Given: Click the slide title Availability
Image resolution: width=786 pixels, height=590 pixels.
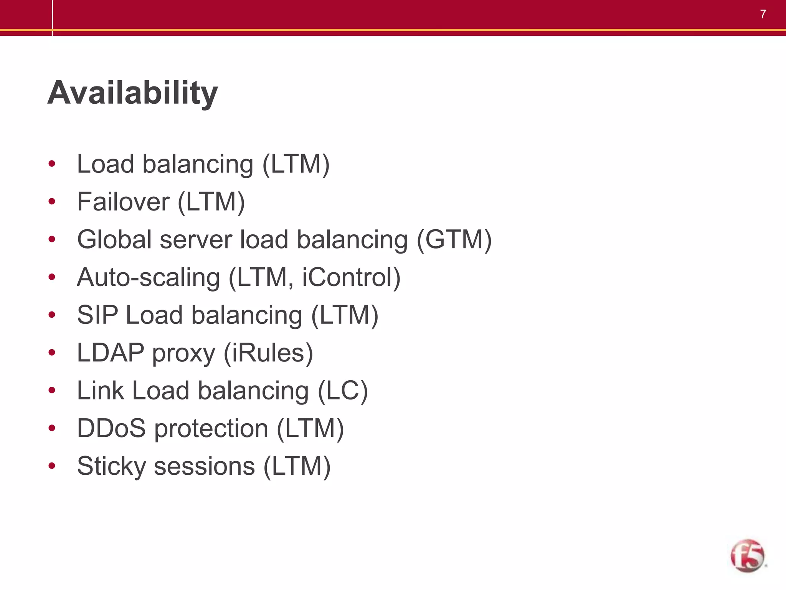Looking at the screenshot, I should tap(132, 93).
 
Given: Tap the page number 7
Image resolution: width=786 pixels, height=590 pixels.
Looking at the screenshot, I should tap(763, 14).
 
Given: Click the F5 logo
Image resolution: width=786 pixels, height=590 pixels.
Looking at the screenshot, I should tap(747, 556).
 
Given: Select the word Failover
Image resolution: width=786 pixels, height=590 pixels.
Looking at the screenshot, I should tap(123, 202).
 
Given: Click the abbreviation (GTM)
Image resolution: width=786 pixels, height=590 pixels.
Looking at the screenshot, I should tap(454, 240).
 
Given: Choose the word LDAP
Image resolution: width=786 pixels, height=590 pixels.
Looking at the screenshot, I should tap(111, 353).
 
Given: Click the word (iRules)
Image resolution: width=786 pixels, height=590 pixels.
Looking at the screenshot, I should tap(268, 353).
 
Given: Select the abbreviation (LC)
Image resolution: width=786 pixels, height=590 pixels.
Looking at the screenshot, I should tap(343, 391).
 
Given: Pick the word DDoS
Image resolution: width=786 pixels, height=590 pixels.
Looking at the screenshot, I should tap(111, 428).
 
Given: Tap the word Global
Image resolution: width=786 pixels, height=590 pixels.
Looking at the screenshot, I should tap(114, 240).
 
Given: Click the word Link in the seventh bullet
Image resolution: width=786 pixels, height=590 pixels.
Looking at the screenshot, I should tap(101, 391).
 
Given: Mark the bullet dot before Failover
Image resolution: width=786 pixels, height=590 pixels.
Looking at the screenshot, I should tap(52, 202).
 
